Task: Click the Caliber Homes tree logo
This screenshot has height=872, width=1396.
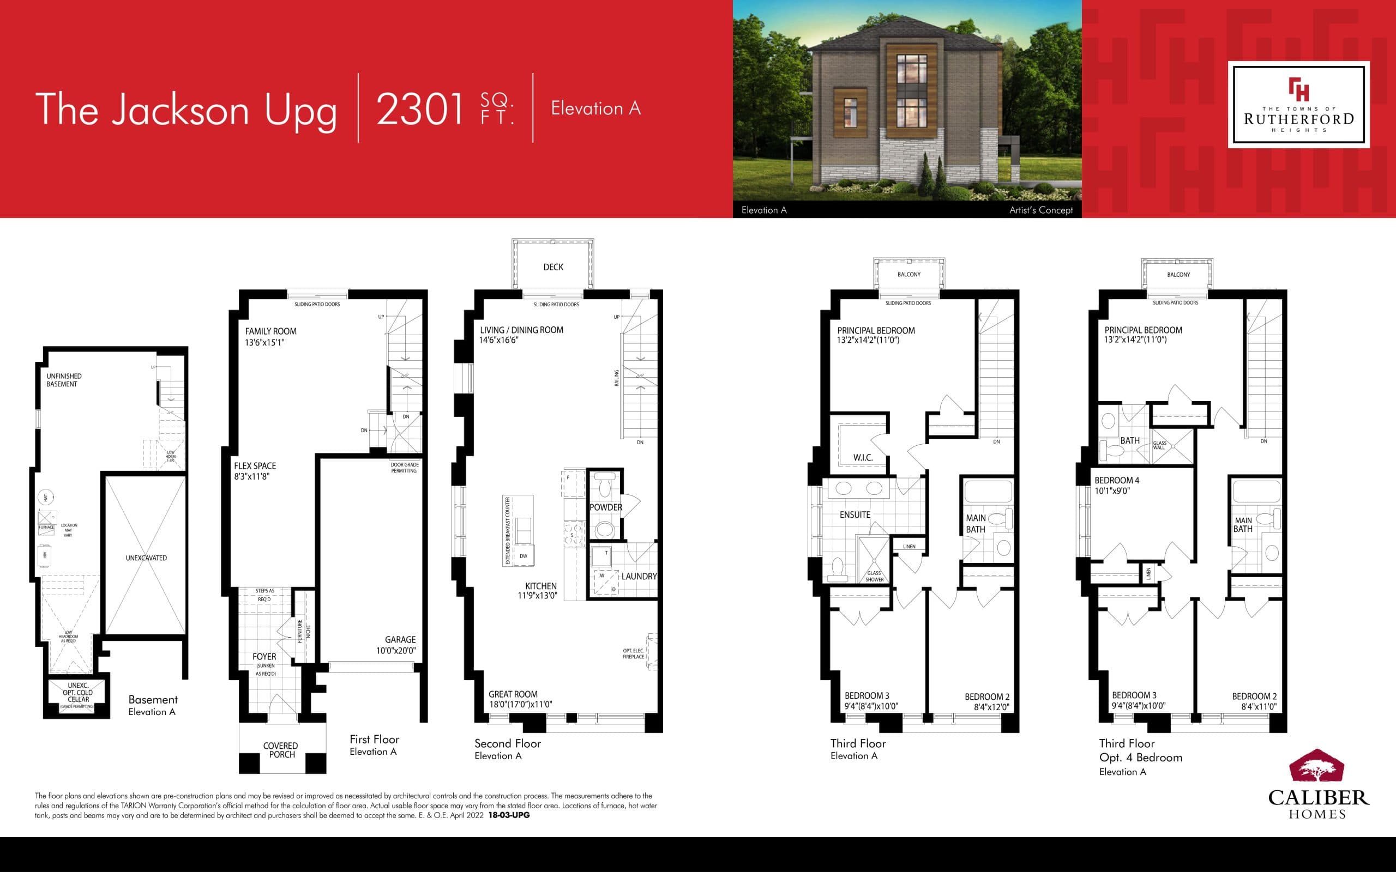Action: (x=1317, y=771)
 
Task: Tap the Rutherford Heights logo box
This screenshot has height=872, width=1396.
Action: (x=1298, y=105)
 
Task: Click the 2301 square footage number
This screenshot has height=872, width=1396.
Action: (x=420, y=109)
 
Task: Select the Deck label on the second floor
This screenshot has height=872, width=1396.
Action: (x=553, y=267)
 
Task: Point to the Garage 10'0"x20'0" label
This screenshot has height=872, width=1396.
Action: (x=397, y=645)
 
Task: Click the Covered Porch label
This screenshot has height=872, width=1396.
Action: (x=281, y=750)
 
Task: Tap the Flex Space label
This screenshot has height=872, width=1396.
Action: (x=255, y=470)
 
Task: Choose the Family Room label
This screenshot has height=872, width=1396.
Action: (x=270, y=336)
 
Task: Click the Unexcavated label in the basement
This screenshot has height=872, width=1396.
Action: (x=146, y=558)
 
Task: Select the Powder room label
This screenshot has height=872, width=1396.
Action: (x=606, y=507)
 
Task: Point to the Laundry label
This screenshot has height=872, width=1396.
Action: (x=639, y=576)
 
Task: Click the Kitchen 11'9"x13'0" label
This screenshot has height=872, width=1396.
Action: (x=539, y=591)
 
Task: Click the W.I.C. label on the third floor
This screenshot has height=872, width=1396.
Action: (x=863, y=457)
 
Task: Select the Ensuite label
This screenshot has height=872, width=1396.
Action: (x=855, y=514)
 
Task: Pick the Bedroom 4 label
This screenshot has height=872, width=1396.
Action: (x=1117, y=485)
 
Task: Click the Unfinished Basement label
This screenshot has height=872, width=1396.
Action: (x=63, y=380)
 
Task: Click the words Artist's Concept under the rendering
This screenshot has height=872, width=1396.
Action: (x=1040, y=210)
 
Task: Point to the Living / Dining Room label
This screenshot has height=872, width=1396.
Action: (x=521, y=335)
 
